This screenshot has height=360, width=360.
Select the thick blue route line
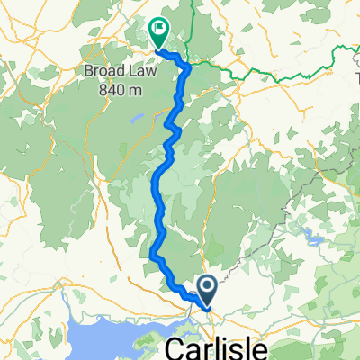pos(158,207)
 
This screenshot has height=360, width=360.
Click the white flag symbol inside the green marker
pos(160,28)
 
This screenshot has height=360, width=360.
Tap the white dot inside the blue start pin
pos(207,287)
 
